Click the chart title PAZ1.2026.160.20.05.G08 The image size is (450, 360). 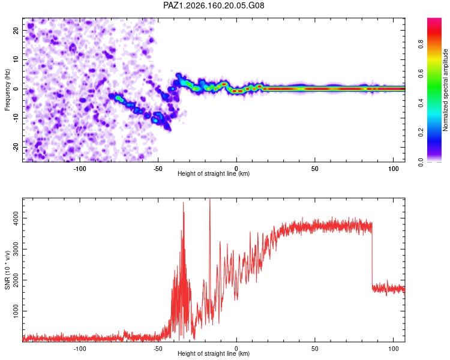[214, 5]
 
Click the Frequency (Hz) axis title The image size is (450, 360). [7, 90]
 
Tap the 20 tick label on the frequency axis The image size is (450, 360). [16, 30]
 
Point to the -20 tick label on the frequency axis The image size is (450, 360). [16, 148]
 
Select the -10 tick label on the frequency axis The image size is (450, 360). [16, 118]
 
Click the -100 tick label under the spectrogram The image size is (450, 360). [80, 169]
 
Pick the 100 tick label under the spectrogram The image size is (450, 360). [393, 169]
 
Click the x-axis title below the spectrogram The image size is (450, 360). [214, 173]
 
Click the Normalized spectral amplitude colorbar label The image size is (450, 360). [445, 90]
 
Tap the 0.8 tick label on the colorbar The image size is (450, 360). [421, 44]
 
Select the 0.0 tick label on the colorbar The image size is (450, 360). [421, 162]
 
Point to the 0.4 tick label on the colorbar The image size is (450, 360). [421, 103]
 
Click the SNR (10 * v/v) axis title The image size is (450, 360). [7, 270]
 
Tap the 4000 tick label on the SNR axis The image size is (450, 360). [16, 218]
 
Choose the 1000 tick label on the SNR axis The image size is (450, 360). [16, 311]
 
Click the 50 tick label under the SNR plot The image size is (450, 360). [315, 349]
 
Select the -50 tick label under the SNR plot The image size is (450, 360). [158, 349]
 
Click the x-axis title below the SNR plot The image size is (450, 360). [214, 353]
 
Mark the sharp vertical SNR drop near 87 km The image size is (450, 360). [372, 256]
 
